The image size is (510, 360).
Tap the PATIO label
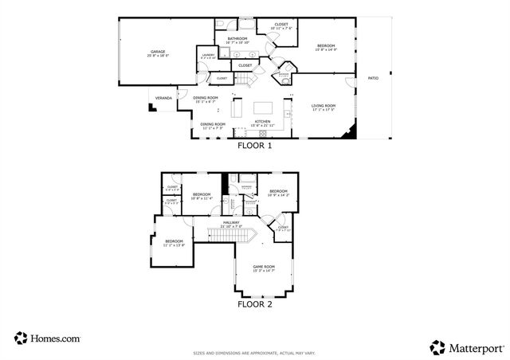[x=372, y=79]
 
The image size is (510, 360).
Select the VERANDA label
[x=163, y=99]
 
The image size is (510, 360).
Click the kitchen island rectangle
[x=264, y=107]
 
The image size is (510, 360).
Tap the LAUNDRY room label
[x=207, y=57]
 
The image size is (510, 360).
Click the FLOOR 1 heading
[x=255, y=147]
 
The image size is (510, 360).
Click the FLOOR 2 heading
[x=255, y=303]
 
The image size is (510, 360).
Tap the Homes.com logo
[x=47, y=338]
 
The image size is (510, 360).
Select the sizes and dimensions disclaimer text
[x=255, y=353]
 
